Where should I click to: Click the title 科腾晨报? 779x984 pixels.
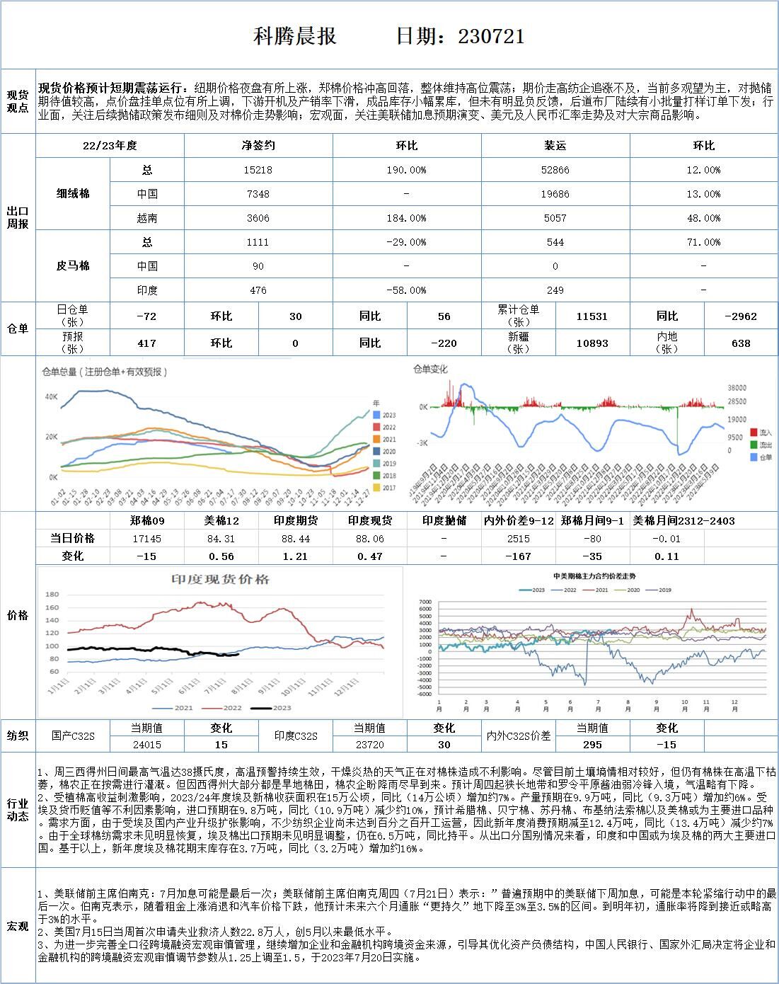tap(295, 36)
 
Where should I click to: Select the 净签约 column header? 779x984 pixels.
tap(258, 145)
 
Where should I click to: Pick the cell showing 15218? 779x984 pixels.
tap(258, 170)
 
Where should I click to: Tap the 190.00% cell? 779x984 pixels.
tap(407, 170)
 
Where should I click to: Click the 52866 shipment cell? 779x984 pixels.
tap(555, 170)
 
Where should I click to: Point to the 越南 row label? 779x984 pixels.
tap(147, 218)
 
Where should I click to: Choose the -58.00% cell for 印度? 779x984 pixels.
tap(407, 290)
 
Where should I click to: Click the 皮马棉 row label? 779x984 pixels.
tap(73, 266)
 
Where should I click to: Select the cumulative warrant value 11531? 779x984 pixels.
tap(592, 316)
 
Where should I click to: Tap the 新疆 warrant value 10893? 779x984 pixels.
tap(592, 343)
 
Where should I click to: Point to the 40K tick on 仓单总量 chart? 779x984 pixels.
tap(51, 396)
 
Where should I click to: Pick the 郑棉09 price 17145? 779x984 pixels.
tap(147, 539)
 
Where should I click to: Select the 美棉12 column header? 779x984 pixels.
tap(221, 521)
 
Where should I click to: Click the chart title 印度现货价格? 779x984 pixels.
tap(220, 579)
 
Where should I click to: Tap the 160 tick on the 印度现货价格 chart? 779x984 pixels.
tap(52, 607)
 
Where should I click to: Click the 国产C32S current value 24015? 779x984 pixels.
tap(147, 745)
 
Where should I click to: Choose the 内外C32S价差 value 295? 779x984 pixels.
tap(592, 745)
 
